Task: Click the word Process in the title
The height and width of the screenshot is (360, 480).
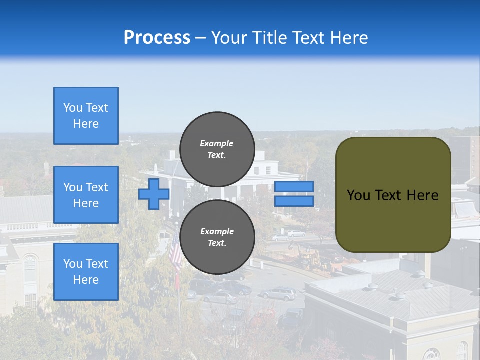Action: pos(157,38)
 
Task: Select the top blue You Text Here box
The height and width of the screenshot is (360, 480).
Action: pos(86,116)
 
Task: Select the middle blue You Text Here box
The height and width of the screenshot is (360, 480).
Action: pos(86,195)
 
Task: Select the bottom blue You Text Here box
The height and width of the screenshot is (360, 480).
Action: pos(86,272)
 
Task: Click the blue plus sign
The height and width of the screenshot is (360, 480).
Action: pos(154,194)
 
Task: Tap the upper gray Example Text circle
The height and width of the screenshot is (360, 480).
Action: pos(217,149)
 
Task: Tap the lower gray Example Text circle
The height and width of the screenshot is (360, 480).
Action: pos(217,237)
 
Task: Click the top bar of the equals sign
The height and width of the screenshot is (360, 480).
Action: pos(294,186)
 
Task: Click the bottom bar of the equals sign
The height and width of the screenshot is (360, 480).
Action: pos(294,201)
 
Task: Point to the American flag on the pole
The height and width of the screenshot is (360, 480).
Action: pos(175,255)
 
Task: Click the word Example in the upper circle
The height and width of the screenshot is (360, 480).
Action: pos(217,143)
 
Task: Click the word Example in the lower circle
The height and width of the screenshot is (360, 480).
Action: pos(217,231)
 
